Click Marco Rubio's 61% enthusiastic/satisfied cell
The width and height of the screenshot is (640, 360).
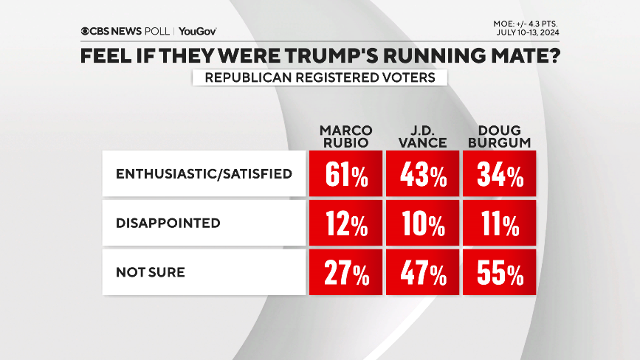(x=345, y=174)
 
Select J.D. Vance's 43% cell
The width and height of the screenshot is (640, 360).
(x=422, y=174)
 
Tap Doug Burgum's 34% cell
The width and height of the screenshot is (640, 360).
(x=498, y=174)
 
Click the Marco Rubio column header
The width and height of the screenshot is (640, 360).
(x=346, y=136)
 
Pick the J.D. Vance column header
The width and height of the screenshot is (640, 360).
(x=422, y=136)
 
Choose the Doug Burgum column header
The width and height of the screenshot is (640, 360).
(x=498, y=136)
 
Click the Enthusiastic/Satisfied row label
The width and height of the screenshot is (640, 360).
(x=204, y=174)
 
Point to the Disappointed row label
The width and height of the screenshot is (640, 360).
(x=168, y=223)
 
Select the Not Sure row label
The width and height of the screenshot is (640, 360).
(x=150, y=272)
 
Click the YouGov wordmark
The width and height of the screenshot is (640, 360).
(x=197, y=31)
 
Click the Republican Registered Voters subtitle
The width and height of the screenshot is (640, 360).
(x=320, y=77)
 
